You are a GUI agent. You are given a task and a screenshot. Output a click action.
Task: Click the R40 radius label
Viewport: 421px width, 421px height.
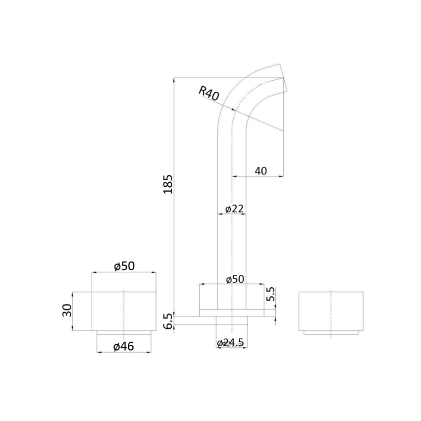[209, 94]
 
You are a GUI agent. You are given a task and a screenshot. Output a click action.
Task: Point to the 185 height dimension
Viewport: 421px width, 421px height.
[168, 184]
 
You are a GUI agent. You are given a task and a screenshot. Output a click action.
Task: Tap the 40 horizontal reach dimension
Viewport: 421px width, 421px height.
[261, 171]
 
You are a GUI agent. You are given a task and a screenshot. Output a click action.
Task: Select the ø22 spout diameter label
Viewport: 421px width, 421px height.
[234, 209]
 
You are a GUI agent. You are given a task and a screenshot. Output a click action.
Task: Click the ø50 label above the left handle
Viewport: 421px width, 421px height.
[124, 266]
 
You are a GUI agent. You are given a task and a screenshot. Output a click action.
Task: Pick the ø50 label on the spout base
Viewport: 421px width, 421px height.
[234, 279]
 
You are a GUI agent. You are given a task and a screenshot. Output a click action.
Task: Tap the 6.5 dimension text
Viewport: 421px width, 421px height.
[168, 321]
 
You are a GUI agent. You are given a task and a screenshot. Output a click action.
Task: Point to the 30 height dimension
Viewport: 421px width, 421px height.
[68, 311]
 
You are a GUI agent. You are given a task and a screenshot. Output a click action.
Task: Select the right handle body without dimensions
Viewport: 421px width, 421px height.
[331, 311]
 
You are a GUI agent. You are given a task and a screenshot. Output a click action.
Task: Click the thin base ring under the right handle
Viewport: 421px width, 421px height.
[331, 332]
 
